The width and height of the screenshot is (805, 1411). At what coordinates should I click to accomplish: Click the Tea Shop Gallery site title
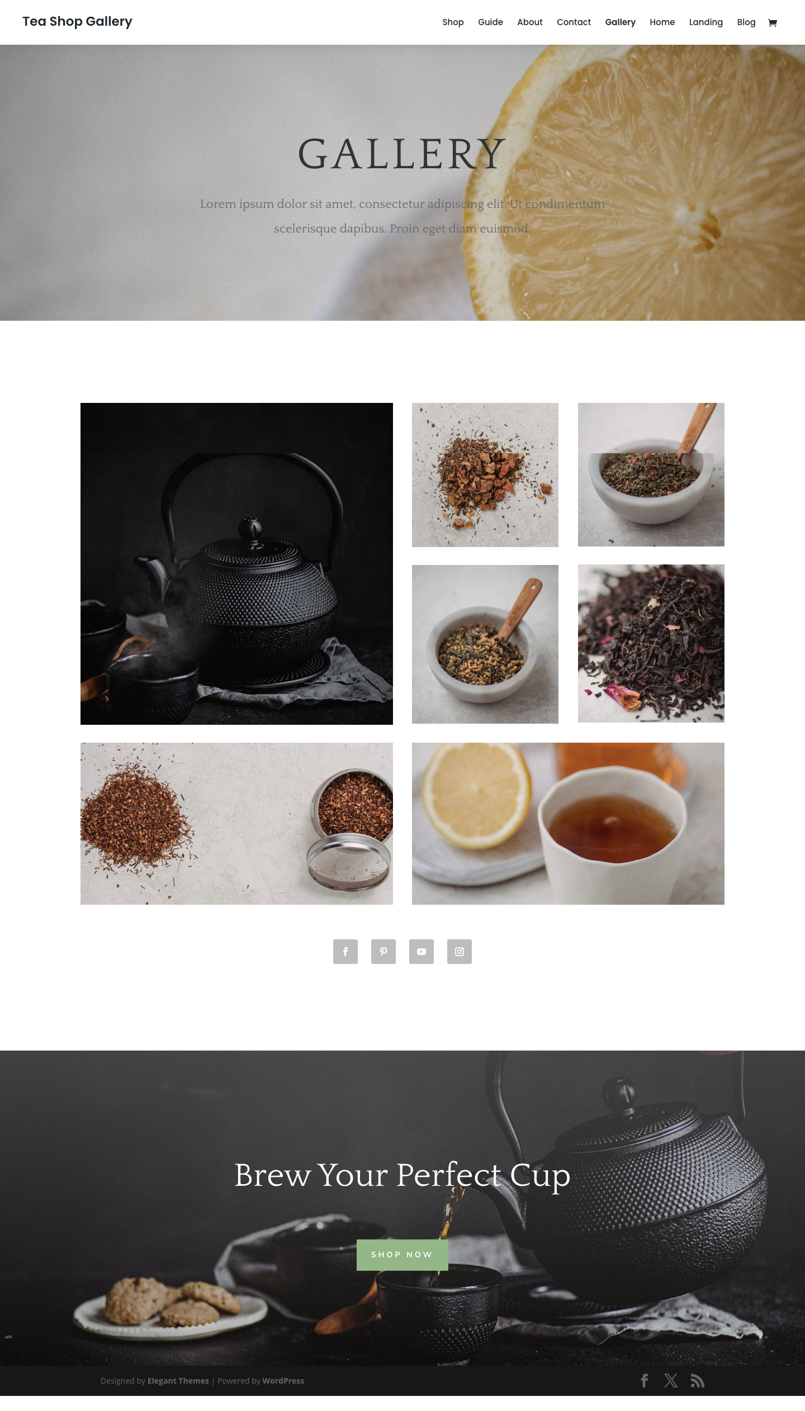pyautogui.click(x=77, y=21)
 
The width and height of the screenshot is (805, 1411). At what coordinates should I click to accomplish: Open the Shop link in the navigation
pyautogui.click(x=453, y=22)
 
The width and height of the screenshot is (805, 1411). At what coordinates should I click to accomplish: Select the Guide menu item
pyautogui.click(x=490, y=22)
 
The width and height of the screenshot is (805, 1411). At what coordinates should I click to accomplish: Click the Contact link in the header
pyautogui.click(x=574, y=22)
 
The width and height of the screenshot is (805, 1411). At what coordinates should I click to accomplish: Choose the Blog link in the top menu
pyautogui.click(x=746, y=22)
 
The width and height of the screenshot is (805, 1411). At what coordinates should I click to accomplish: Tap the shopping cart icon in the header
pyautogui.click(x=773, y=23)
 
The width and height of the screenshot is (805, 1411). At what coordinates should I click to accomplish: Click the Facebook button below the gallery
pyautogui.click(x=345, y=952)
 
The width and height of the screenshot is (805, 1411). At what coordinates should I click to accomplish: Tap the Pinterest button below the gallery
pyautogui.click(x=383, y=952)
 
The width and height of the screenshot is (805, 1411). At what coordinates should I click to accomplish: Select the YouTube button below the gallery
pyautogui.click(x=422, y=952)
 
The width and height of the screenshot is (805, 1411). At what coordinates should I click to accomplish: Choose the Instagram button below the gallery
pyautogui.click(x=460, y=952)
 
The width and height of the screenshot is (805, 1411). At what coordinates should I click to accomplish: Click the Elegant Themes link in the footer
pyautogui.click(x=178, y=1381)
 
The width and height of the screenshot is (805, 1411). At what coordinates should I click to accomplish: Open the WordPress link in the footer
pyautogui.click(x=283, y=1381)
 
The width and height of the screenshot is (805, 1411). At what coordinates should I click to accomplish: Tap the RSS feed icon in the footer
pyautogui.click(x=697, y=1381)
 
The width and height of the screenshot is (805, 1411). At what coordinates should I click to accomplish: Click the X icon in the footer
pyautogui.click(x=671, y=1381)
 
